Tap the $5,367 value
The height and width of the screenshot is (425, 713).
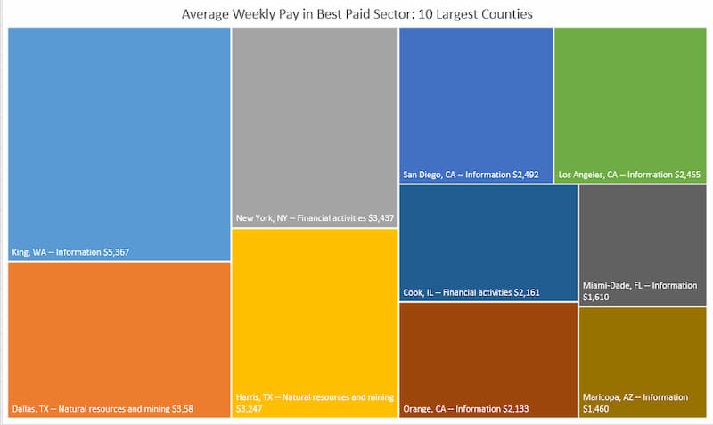[114, 252]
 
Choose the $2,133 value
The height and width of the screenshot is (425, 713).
[511, 410]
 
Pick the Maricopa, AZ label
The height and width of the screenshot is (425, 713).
[615, 397]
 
